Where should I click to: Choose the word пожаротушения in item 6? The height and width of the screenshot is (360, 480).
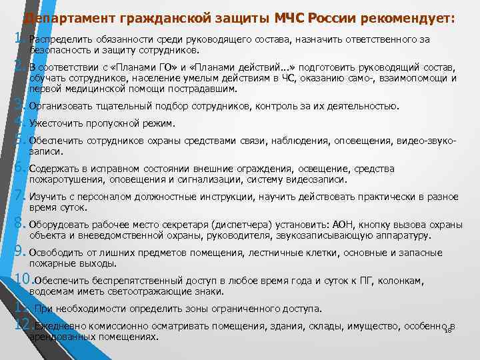67,179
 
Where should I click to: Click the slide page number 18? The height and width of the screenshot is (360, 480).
448,330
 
